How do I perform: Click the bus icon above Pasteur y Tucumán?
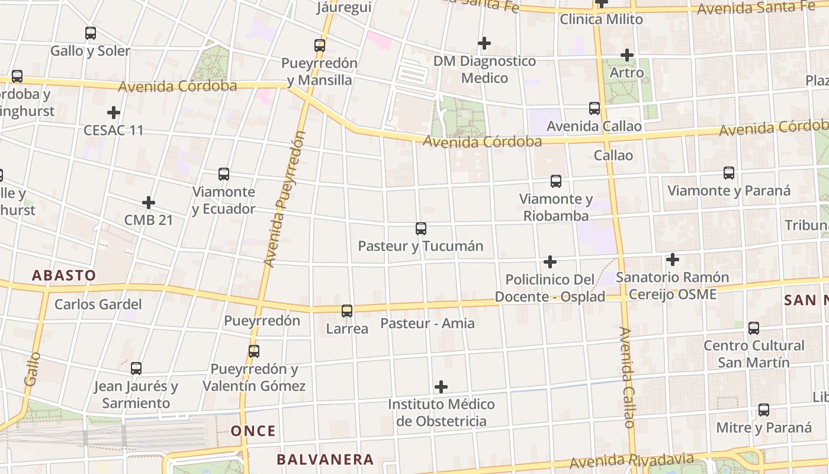(421, 228)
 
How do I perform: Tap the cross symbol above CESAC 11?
(114, 112)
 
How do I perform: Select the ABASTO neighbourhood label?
(64, 276)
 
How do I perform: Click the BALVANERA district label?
(325, 459)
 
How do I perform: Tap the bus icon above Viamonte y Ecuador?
(224, 174)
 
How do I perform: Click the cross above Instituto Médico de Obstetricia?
(441, 387)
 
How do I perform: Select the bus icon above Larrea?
(347, 310)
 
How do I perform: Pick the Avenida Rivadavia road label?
(631, 461)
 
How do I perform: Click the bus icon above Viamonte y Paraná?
(729, 172)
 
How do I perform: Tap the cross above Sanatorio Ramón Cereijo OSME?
(672, 259)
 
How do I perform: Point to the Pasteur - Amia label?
(428, 324)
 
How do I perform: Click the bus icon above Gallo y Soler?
(91, 33)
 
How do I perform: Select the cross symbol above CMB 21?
(149, 203)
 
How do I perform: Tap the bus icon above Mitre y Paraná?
(764, 409)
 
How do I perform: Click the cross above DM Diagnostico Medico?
(484, 43)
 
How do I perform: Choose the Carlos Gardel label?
(98, 305)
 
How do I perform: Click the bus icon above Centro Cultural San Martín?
(754, 328)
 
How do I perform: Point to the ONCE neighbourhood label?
(253, 431)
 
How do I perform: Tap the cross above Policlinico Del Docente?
(550, 261)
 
